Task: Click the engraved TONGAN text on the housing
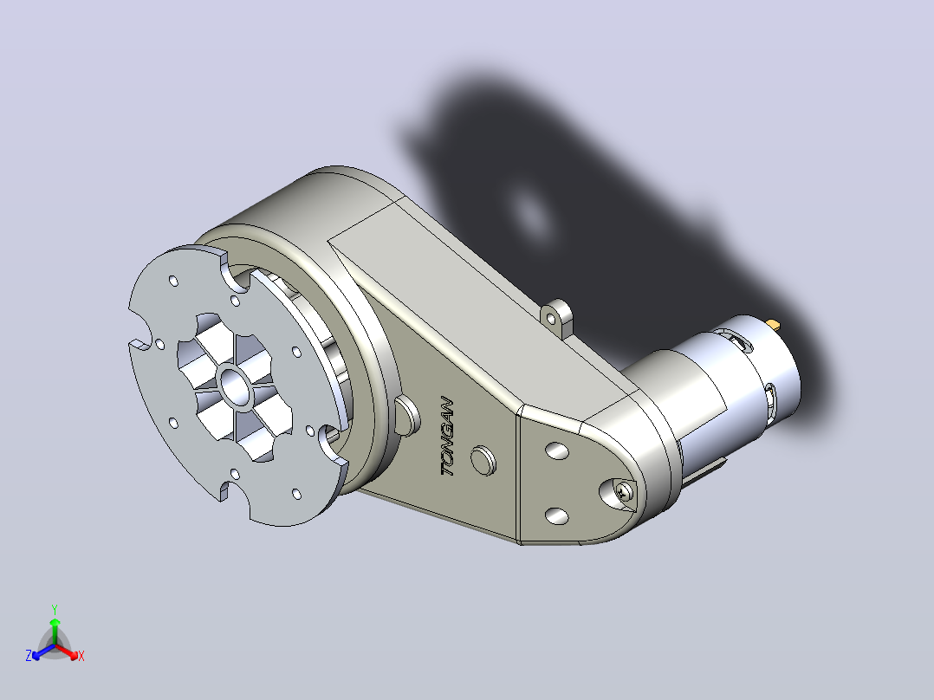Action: point(448,437)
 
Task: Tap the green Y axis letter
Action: point(55,609)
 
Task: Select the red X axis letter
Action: point(81,656)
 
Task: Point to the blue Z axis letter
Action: point(29,655)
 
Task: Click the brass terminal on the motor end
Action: point(773,325)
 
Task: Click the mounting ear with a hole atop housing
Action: point(556,315)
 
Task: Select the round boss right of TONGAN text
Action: point(483,461)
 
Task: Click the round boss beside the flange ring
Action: point(406,415)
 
